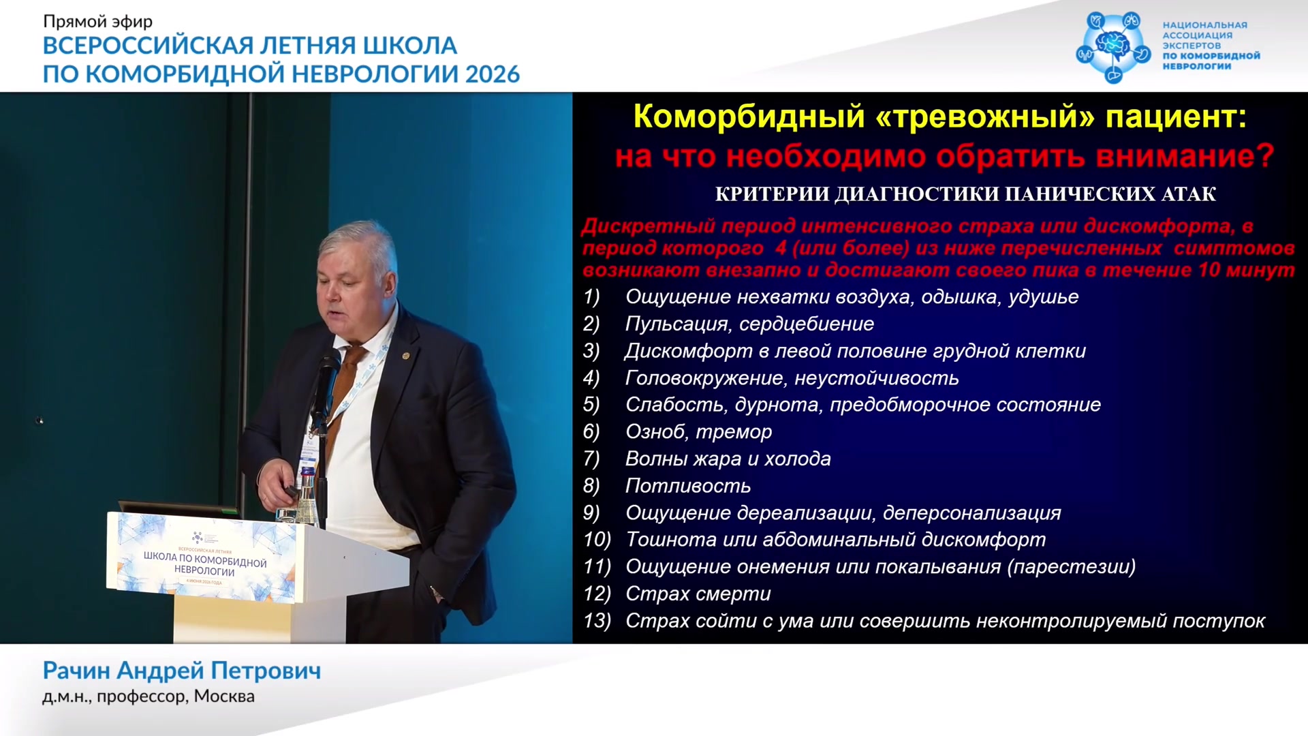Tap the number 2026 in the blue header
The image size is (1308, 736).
pyautogui.click(x=493, y=74)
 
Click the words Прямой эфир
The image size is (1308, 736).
pyautogui.click(x=97, y=22)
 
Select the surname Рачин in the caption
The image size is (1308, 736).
pyautogui.click(x=77, y=671)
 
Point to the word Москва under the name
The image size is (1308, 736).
pyautogui.click(x=224, y=696)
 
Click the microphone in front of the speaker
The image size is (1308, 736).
pyautogui.click(x=326, y=382)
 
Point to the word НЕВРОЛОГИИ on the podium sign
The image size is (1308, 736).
pyautogui.click(x=204, y=571)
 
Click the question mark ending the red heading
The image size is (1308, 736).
pyautogui.click(x=1264, y=156)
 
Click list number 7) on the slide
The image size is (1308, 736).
pyautogui.click(x=591, y=459)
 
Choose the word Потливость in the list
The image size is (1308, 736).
pyautogui.click(x=688, y=486)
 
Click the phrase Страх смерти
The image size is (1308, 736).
pyautogui.click(x=698, y=594)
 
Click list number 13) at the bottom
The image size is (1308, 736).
pyautogui.click(x=597, y=621)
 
